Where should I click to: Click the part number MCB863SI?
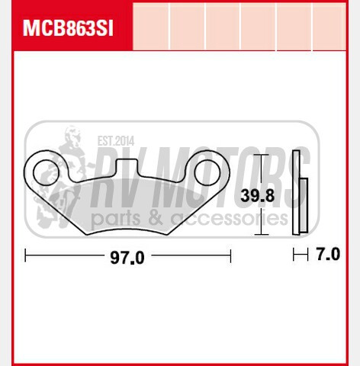point(67,27)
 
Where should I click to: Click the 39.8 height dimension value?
point(257,195)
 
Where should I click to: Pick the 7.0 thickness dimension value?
point(328,255)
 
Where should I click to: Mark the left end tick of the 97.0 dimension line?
point(25,255)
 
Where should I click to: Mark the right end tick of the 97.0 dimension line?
point(230,255)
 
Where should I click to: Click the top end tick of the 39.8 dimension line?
point(261,155)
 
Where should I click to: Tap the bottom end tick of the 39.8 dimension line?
point(261,234)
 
